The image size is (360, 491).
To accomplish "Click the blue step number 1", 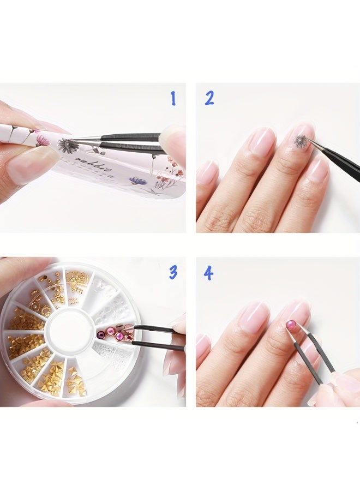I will (x=173, y=99).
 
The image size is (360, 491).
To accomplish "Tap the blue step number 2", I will (x=209, y=98).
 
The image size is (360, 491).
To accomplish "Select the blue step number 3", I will (x=173, y=272).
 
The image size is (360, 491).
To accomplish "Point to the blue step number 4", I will (x=208, y=273).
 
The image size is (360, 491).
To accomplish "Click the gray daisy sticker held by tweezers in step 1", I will (x=68, y=145).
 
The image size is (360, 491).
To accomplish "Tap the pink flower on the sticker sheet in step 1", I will (x=44, y=141).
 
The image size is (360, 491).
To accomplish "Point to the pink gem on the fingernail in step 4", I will (x=291, y=325).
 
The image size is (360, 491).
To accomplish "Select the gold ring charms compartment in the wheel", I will (x=40, y=297).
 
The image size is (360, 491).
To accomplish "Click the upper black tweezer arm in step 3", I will (x=155, y=328).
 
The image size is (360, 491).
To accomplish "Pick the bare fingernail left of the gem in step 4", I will (x=254, y=316).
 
